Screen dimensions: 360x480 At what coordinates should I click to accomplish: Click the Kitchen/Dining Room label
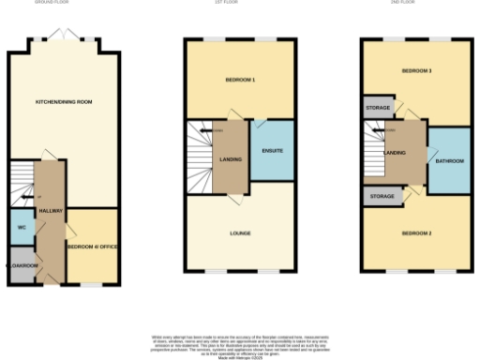[64, 101]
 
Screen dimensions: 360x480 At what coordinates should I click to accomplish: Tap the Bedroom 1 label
[241, 80]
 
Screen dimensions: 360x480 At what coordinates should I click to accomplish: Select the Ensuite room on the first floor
[272, 151]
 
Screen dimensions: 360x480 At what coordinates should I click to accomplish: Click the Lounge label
[241, 232]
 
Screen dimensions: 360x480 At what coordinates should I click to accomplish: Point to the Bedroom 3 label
[416, 71]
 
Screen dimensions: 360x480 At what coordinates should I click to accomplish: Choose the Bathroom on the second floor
[448, 161]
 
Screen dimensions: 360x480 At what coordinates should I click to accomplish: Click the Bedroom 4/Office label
[91, 247]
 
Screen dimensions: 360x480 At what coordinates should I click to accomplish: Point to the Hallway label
[51, 211]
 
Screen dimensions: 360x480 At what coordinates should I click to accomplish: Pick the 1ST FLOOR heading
[241, 3]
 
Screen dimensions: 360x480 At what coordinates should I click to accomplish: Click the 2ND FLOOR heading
[416, 3]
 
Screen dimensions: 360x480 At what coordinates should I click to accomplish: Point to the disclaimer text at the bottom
[240, 341]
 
